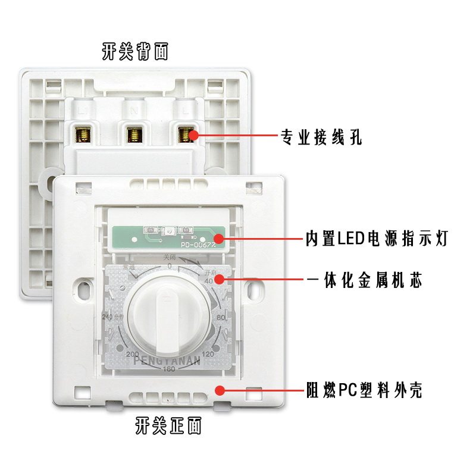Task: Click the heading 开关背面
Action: click(x=135, y=52)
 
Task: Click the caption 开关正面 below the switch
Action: click(x=168, y=426)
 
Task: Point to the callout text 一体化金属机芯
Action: click(x=366, y=280)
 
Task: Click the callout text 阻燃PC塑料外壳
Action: click(x=364, y=391)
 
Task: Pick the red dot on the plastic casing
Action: click(x=220, y=391)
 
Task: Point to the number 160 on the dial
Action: click(x=170, y=369)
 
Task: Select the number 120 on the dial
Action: click(x=208, y=355)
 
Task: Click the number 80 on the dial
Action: click(x=221, y=318)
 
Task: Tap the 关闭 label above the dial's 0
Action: click(x=170, y=257)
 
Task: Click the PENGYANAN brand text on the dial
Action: click(x=167, y=359)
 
